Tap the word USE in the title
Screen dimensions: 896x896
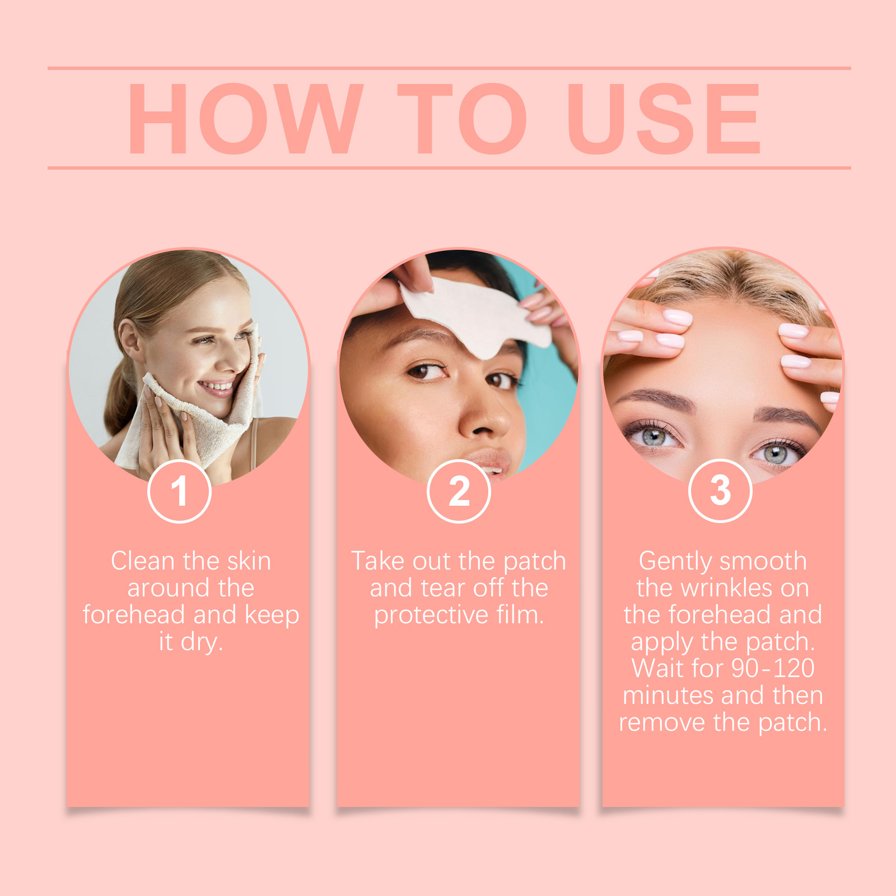click(x=664, y=118)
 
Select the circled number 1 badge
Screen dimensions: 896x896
click(x=179, y=491)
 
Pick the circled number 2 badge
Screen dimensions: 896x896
click(x=459, y=491)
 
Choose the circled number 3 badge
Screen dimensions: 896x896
click(x=720, y=491)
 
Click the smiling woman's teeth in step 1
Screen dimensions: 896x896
click(x=216, y=386)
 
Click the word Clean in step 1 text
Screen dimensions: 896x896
click(x=143, y=561)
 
